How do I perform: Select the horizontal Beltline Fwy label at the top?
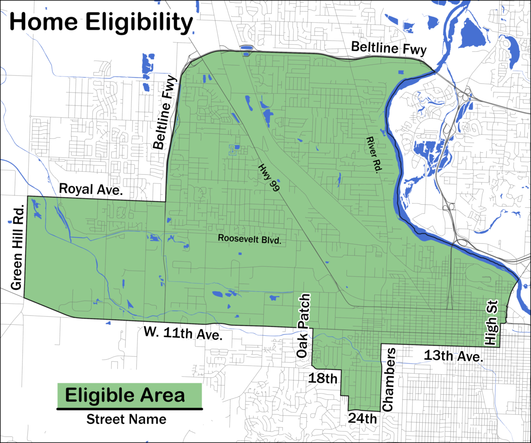point(389,48)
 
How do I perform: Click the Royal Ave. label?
point(91,190)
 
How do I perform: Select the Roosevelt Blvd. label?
point(250,238)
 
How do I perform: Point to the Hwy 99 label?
point(269,176)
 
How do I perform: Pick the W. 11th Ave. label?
point(182,334)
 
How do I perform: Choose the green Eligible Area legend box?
point(129,396)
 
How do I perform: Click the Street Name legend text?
point(127,419)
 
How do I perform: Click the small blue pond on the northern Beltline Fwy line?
point(245,48)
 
